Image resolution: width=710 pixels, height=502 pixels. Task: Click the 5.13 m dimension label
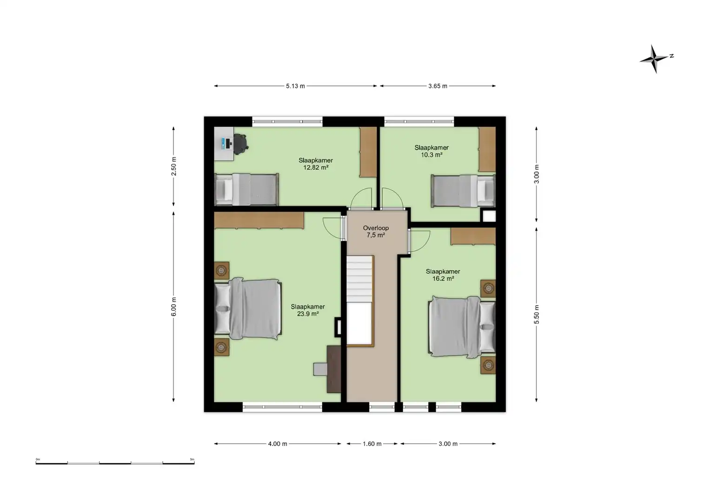pos(295,86)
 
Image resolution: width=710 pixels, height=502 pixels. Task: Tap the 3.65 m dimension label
pos(438,86)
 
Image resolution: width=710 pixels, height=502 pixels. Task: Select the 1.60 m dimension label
pos(372,444)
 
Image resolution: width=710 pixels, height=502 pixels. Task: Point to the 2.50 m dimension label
pos(174,166)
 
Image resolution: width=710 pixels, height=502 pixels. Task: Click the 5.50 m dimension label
pos(537,314)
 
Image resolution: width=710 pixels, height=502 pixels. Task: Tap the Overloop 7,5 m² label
pos(376,231)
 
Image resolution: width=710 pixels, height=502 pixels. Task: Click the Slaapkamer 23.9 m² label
pos(308,310)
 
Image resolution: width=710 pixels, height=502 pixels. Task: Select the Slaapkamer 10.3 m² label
pos(431,151)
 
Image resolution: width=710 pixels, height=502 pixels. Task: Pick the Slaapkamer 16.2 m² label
pos(443,275)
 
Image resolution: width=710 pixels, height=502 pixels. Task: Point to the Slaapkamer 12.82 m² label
pos(316,164)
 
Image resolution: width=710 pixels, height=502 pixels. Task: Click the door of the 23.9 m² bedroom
pos(333,228)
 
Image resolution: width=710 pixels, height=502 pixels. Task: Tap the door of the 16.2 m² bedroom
pos(419,241)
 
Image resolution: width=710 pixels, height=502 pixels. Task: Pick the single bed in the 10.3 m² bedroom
pos(463,191)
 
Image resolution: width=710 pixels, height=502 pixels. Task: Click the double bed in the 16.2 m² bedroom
pos(462,327)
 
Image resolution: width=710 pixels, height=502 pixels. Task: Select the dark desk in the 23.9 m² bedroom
pos(334,369)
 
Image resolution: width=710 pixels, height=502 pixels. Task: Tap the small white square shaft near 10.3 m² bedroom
pos(489,216)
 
